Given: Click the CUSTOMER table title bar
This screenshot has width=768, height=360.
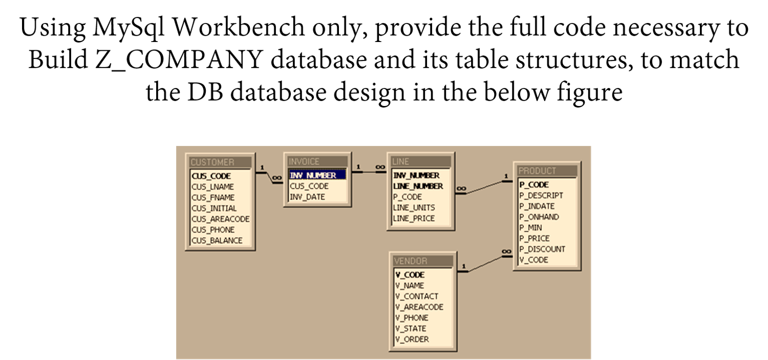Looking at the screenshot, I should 220,162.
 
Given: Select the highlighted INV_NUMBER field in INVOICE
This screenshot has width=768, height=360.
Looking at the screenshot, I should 313,175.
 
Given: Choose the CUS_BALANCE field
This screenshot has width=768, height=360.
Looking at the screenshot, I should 217,241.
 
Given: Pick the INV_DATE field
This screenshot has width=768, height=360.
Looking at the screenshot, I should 307,197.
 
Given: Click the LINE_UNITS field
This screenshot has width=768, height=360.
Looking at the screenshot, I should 414,208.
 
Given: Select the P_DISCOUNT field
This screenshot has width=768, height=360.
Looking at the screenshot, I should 542,249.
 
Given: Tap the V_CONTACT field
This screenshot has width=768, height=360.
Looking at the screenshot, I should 417,297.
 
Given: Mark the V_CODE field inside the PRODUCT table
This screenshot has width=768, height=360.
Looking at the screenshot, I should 534,260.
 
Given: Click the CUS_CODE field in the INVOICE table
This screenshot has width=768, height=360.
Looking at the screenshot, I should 309,186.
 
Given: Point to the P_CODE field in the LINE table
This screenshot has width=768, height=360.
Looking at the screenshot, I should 408,197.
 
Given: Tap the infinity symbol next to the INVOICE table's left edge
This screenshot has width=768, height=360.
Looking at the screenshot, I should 277,178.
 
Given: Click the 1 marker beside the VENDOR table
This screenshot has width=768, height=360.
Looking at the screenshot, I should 463,266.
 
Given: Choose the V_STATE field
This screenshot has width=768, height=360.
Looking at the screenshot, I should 411,329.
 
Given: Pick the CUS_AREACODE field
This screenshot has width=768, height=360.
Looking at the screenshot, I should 221,219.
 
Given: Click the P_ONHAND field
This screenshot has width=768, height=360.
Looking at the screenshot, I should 539,217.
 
